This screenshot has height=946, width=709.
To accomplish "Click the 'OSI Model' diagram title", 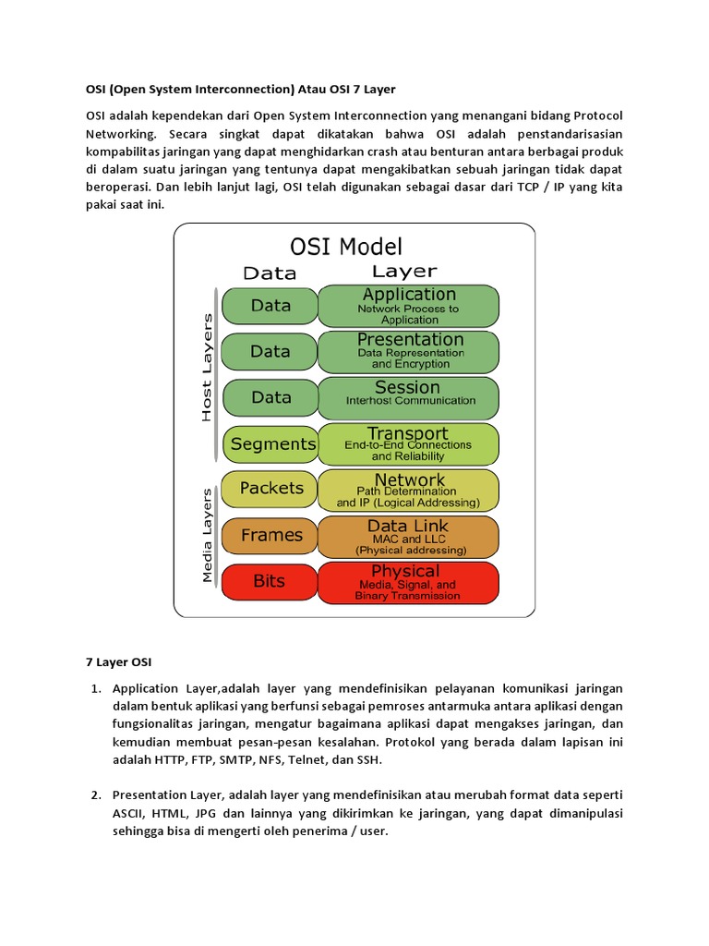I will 346,247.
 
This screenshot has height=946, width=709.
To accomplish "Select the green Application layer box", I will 408,306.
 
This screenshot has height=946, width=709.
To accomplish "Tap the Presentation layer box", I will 408,351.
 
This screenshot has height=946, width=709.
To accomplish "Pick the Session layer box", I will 408,397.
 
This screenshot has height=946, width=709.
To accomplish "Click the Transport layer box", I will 408,443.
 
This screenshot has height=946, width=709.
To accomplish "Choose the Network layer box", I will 408,490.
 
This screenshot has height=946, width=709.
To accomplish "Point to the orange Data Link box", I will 408,536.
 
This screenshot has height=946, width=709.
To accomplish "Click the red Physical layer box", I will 408,582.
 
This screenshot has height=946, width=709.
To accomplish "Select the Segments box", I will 270,444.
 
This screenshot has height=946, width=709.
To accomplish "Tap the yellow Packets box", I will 270,488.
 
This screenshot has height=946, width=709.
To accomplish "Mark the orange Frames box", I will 270,535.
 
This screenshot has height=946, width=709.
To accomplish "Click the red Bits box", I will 269,581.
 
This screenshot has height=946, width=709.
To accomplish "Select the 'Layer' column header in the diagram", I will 403,271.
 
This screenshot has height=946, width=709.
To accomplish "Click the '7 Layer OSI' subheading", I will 119,662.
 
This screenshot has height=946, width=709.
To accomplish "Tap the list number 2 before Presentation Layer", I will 95,795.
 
